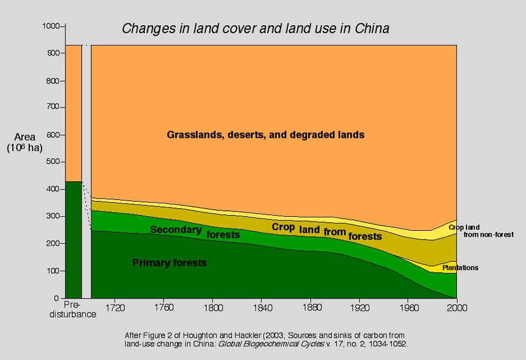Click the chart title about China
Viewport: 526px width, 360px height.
point(255,29)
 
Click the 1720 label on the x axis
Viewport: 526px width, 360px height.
point(115,306)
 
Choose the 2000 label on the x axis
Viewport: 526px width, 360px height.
point(456,306)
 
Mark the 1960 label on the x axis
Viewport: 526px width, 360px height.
point(407,306)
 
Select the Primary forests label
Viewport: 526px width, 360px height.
point(169,263)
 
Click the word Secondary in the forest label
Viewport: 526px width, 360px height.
point(175,230)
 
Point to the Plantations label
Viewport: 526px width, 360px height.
point(460,268)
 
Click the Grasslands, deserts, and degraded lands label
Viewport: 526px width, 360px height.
point(265,135)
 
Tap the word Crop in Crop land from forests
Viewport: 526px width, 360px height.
point(283,227)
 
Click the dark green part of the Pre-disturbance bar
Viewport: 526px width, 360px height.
point(73,240)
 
